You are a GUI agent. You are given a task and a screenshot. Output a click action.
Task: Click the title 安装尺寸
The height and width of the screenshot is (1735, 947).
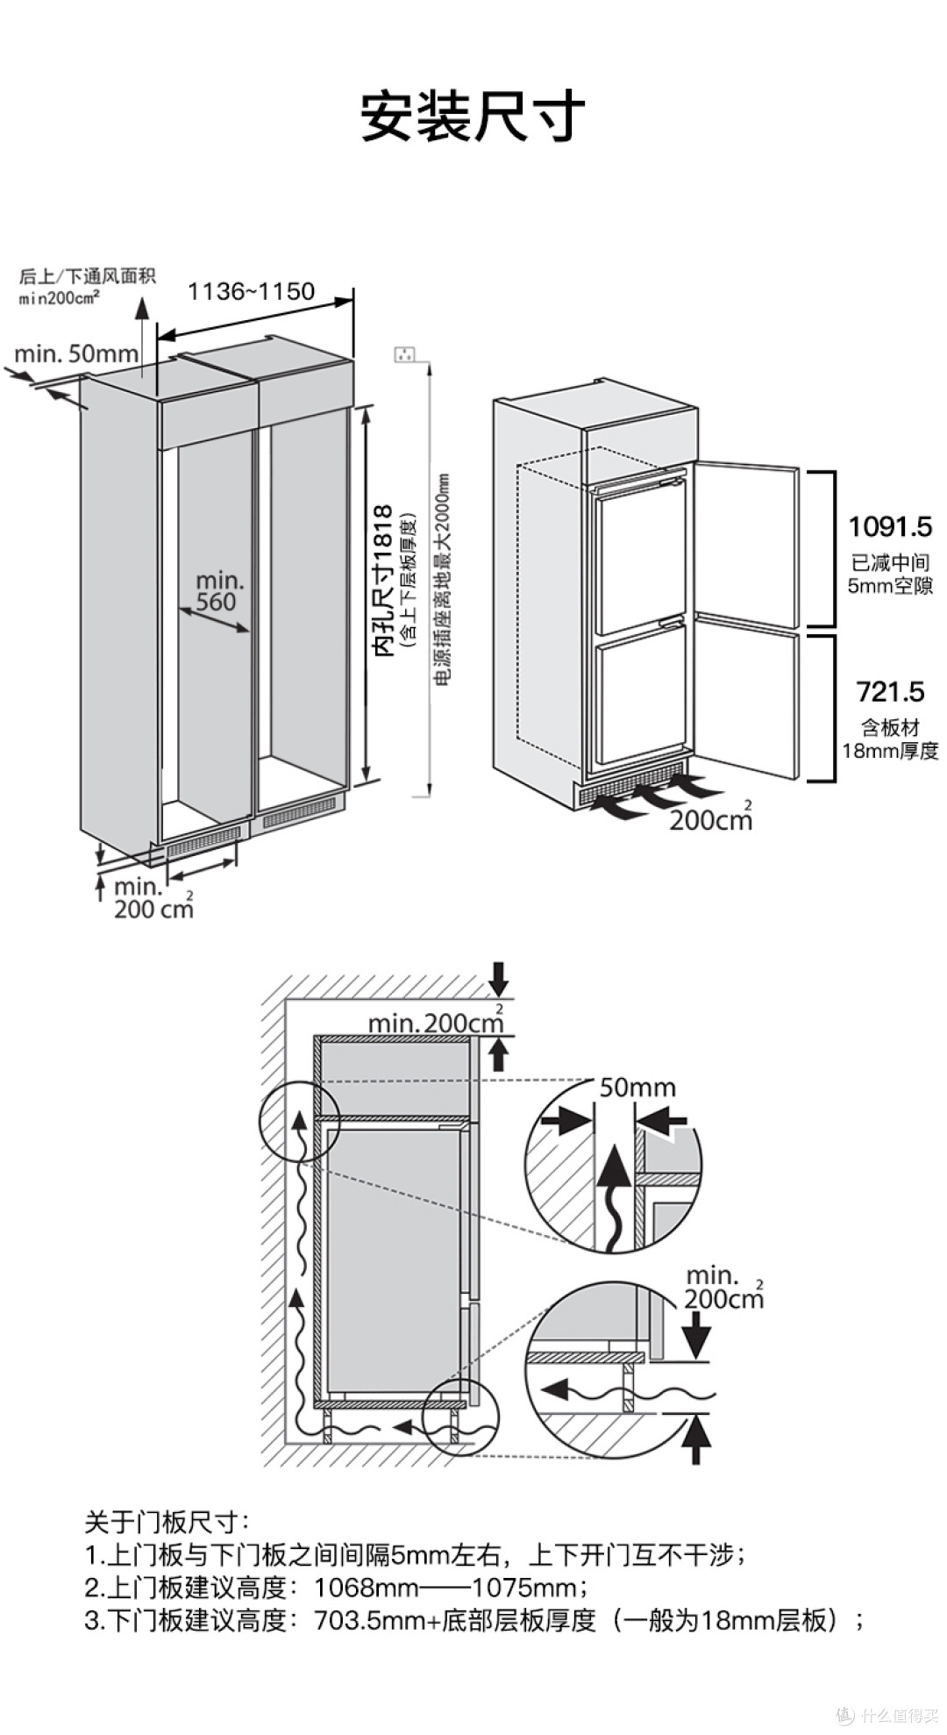point(473,118)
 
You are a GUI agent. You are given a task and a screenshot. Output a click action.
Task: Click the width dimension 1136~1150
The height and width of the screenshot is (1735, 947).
point(252,291)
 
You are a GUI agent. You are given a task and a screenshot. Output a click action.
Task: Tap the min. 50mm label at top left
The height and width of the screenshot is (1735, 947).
point(76,353)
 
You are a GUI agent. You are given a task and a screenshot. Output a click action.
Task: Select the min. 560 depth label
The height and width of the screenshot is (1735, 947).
point(218,591)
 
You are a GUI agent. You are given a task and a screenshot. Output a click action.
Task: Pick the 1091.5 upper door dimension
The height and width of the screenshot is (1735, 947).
point(889,527)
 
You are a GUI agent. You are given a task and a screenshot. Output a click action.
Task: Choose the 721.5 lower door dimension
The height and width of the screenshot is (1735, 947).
point(890,692)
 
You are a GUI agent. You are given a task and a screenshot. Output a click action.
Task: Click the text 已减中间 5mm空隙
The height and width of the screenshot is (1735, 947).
point(890,574)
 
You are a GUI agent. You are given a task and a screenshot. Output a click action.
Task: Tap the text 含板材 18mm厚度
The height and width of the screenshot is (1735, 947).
point(890,739)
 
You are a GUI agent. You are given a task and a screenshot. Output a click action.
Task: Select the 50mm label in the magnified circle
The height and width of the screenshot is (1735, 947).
point(637,1088)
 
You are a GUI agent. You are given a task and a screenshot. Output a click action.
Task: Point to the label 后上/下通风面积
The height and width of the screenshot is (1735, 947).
point(87,276)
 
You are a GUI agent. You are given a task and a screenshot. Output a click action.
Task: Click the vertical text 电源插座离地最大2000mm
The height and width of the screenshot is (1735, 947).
point(442,579)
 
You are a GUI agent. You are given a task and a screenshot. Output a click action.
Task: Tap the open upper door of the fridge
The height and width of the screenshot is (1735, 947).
point(745,544)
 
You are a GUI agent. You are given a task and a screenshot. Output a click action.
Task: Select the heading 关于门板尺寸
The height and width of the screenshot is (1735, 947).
point(167,1522)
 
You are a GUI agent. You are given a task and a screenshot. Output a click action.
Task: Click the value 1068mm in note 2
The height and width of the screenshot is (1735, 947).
point(354,1587)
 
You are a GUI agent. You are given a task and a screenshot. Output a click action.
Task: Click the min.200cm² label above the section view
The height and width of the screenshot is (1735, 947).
point(435,1023)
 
